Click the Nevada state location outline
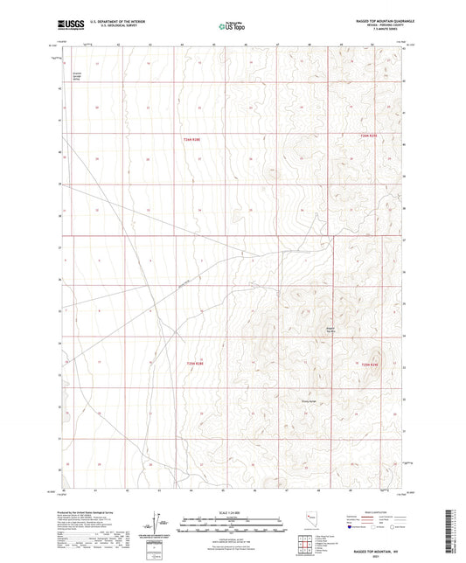311,522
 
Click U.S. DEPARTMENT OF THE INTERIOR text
111,20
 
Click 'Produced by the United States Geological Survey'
87,514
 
